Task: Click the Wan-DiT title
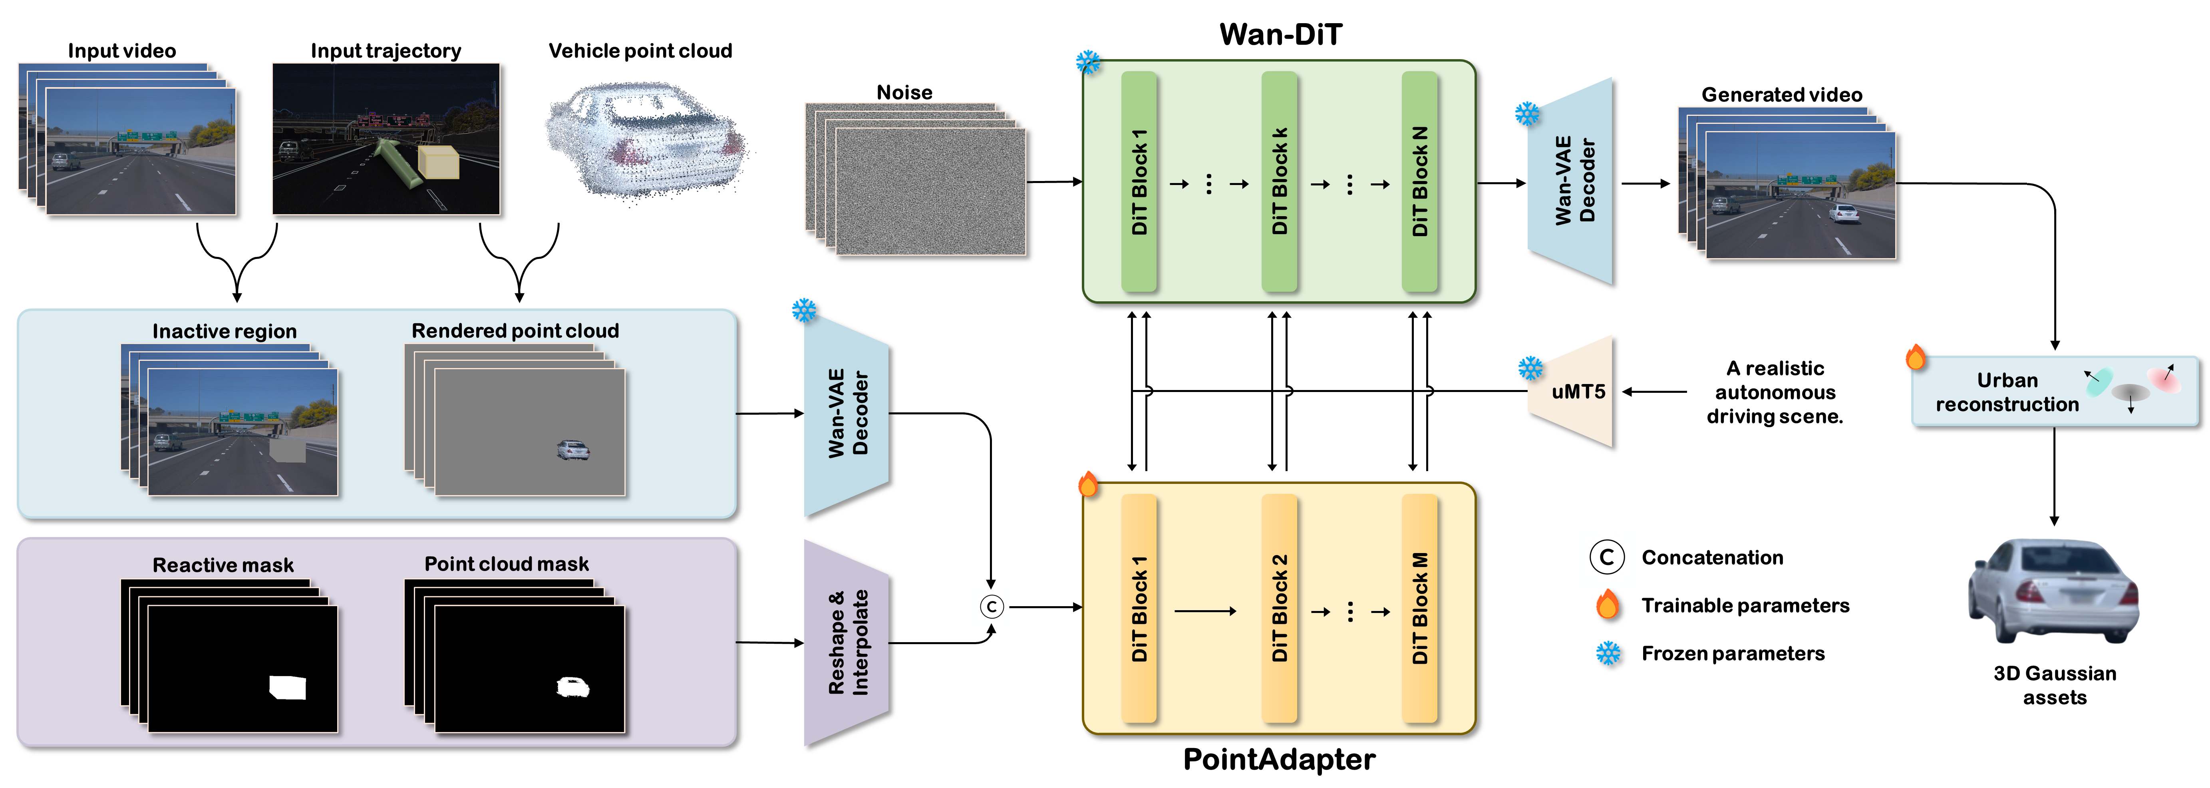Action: pyautogui.click(x=1280, y=34)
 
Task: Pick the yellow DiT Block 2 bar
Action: pyautogui.click(x=1279, y=608)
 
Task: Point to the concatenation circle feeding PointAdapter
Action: pyautogui.click(x=992, y=607)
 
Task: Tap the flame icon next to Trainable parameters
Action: pyautogui.click(x=1608, y=605)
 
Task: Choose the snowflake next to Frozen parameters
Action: pyautogui.click(x=1608, y=653)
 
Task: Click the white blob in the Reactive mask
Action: pyautogui.click(x=287, y=687)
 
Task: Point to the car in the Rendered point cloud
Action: pyautogui.click(x=573, y=450)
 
